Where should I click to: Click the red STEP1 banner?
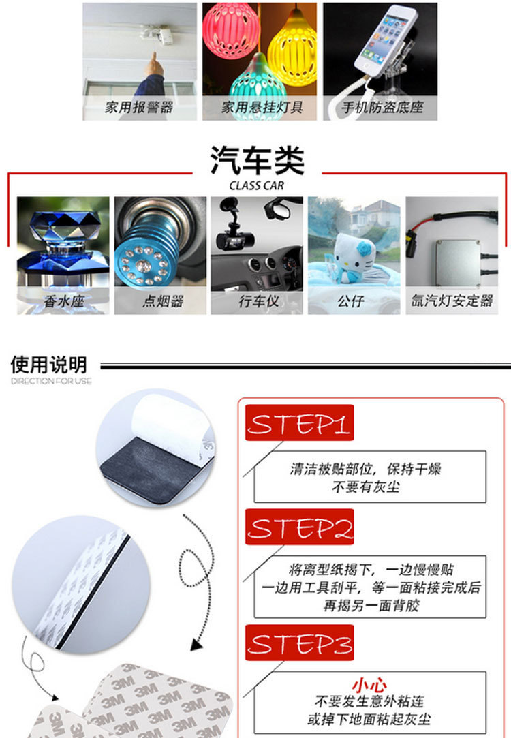(299, 422)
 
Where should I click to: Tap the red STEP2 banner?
(299, 527)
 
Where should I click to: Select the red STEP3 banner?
(299, 643)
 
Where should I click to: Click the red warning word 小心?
(369, 684)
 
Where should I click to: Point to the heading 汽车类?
(257, 161)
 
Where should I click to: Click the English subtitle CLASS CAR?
(256, 185)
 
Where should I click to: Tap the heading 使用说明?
(49, 365)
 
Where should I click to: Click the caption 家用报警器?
(139, 107)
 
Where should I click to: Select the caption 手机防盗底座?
(382, 107)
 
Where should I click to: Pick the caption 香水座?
(63, 301)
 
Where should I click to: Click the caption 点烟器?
(163, 301)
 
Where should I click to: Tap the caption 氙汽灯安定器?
(452, 301)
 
